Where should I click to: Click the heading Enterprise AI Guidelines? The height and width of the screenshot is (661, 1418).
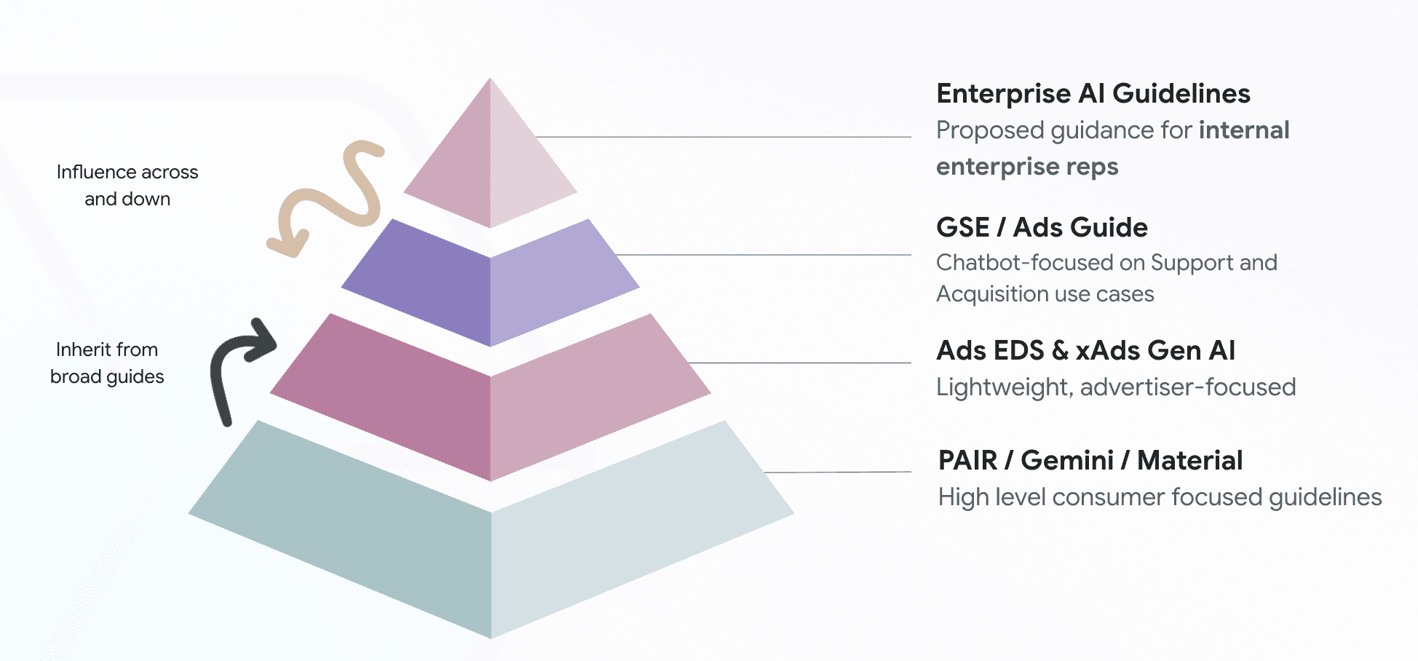[x=1093, y=94]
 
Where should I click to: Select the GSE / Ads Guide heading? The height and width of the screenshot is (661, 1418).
[x=1042, y=228]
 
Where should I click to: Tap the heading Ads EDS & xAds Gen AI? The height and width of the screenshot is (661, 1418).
[x=1085, y=351]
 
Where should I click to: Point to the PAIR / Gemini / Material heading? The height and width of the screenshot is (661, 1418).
[x=1090, y=461]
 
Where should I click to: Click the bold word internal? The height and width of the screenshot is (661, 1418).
[x=1244, y=130]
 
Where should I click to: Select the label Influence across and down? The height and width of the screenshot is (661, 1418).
[x=127, y=186]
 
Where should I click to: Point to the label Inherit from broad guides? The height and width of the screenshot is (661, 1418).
[x=107, y=363]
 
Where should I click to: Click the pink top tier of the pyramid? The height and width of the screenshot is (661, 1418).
[x=490, y=167]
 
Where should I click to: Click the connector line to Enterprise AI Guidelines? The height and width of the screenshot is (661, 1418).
[x=721, y=137]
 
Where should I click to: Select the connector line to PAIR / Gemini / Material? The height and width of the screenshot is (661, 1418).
[x=837, y=472]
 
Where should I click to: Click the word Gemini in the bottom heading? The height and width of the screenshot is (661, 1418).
[x=1066, y=461]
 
